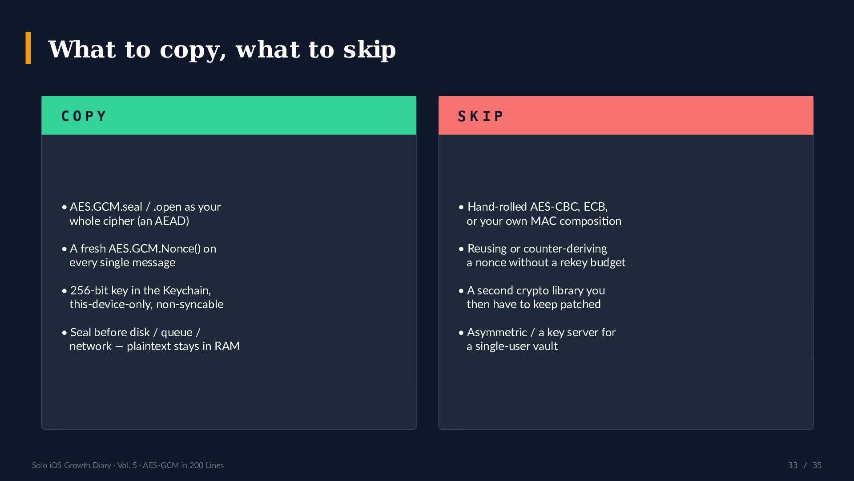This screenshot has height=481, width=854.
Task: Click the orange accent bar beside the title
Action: pos(28,48)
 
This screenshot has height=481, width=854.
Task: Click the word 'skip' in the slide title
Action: pos(370,49)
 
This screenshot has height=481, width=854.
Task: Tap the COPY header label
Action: pos(84,116)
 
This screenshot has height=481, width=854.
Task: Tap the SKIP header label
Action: pos(480,116)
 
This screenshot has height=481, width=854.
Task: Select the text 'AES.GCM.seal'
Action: pos(106,207)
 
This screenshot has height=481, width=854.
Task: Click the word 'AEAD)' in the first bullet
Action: pos(172,221)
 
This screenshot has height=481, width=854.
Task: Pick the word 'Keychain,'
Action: pos(187,291)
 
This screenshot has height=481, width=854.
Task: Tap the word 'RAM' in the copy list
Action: pos(227,346)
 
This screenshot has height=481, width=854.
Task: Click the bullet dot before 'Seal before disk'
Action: pos(64,333)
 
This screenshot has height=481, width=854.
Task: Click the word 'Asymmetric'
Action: pos(497,333)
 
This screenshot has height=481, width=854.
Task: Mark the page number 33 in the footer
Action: pos(793,465)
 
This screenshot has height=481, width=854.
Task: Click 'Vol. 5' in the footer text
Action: pos(127,465)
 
